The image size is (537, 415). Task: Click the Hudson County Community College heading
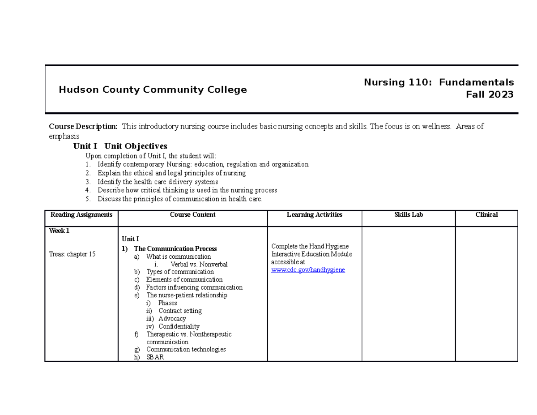click(153, 90)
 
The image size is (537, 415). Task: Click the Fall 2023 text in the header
click(490, 94)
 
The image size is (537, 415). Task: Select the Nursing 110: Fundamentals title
click(439, 82)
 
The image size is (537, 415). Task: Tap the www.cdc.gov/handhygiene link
click(308, 270)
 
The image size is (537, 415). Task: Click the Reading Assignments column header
click(81, 215)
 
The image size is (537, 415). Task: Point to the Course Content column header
click(192, 215)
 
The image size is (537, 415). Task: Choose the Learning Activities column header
click(314, 215)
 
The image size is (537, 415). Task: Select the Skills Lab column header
click(408, 215)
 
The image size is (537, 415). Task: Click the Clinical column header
click(486, 215)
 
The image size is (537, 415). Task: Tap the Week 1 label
click(59, 231)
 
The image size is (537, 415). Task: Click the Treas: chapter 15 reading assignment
click(72, 254)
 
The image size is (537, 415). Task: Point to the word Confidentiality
click(179, 326)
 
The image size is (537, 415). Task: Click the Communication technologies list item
click(186, 349)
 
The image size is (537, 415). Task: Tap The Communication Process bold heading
click(175, 248)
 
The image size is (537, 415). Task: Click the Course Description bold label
click(83, 127)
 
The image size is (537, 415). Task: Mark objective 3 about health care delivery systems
click(158, 182)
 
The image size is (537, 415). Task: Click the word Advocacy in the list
click(172, 319)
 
